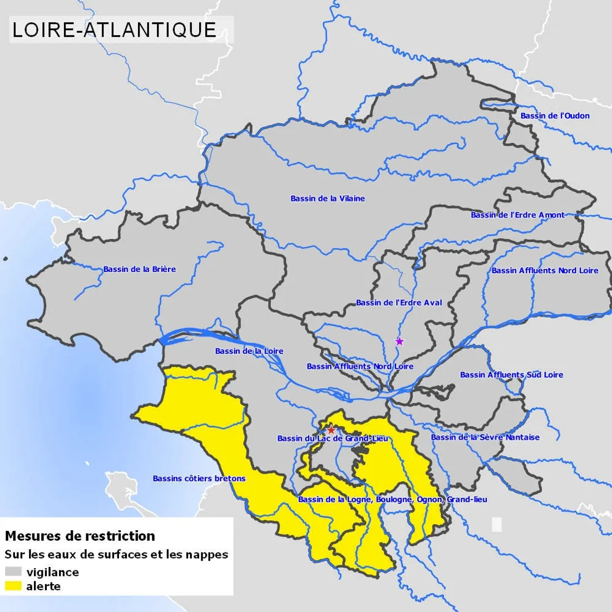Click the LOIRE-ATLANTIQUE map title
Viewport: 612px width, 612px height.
coord(114,29)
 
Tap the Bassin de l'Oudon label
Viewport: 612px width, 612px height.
coord(555,116)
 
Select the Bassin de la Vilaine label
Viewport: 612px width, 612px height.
coord(328,199)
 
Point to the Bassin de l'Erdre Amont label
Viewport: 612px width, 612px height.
coord(517,215)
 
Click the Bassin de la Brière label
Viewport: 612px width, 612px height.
coord(139,269)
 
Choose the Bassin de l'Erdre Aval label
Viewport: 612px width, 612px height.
coord(399,303)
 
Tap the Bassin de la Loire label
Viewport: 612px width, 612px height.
coord(249,351)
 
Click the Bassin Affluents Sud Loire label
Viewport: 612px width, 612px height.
coord(511,375)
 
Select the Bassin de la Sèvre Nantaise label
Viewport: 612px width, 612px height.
coord(485,437)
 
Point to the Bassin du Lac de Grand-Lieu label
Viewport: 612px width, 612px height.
coord(333,439)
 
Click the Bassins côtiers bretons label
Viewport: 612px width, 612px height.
coord(199,478)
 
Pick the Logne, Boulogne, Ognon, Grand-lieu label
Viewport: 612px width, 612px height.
coord(392,500)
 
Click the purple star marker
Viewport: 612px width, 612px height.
coord(399,341)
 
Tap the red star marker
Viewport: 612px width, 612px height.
coord(331,430)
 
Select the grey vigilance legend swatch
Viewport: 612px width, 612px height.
coord(13,572)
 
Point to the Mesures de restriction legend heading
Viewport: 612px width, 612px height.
coord(80,536)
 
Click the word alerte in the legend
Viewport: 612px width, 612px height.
coord(43,586)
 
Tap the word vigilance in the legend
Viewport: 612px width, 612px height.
coord(53,572)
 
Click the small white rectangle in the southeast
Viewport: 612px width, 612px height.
coord(497,524)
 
